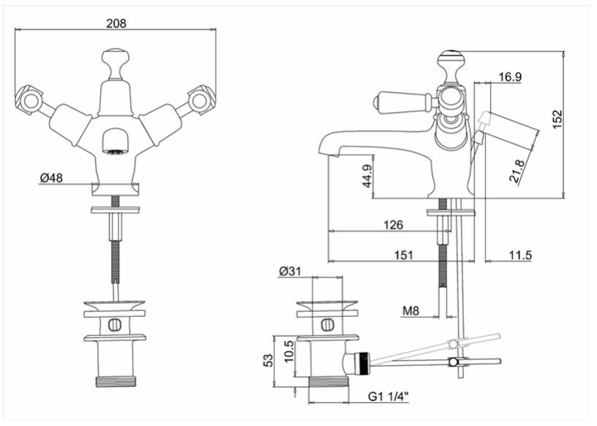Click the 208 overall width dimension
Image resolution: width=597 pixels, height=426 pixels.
116,23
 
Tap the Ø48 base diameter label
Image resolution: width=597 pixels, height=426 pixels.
51,178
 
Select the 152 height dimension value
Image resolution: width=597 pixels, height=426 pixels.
557,119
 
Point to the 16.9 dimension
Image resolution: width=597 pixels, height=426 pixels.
510,77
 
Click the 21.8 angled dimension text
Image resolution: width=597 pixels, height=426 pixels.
518,171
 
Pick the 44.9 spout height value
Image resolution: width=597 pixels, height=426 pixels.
367,176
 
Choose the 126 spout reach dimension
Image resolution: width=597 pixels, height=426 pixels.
393,225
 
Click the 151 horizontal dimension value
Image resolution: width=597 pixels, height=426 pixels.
403,255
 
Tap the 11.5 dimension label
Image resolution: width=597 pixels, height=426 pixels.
520,255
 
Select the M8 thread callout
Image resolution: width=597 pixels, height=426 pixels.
411,311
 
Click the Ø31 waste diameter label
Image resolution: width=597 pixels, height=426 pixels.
290,272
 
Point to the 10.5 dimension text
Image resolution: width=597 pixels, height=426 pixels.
289,351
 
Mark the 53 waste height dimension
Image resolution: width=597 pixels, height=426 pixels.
269,360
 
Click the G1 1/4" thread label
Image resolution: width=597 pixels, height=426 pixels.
388,397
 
